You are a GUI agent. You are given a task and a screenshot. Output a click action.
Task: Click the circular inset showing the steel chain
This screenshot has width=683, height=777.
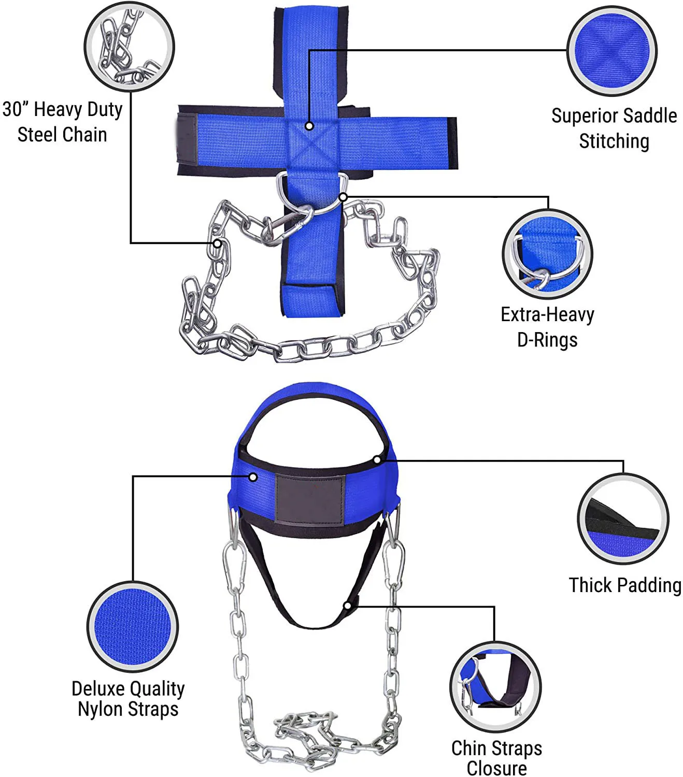[x=129, y=47]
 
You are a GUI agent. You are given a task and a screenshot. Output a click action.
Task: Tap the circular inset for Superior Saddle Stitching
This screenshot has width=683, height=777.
[x=612, y=51]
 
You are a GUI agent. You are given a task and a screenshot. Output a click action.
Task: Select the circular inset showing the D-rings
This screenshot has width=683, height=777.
[x=547, y=254]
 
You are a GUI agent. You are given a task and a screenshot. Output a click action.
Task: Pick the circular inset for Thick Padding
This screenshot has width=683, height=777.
[x=623, y=519]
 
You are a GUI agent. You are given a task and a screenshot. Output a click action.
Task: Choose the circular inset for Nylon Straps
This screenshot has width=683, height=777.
[x=133, y=627]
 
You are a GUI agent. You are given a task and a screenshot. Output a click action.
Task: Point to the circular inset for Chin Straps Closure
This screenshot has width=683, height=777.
[x=495, y=687]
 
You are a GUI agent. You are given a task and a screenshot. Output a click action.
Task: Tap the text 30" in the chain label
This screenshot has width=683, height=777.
[x=16, y=109]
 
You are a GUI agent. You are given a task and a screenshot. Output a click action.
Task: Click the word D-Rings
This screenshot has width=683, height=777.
[x=547, y=340]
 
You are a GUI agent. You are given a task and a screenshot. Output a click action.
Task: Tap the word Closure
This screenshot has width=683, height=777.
[x=496, y=768]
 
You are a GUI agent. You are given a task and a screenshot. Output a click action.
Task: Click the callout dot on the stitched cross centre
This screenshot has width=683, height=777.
[x=309, y=126]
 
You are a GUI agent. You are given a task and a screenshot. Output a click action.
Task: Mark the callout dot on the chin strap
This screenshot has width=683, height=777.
[x=348, y=606]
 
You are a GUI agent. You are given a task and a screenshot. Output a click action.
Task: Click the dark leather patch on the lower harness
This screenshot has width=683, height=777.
[x=310, y=498]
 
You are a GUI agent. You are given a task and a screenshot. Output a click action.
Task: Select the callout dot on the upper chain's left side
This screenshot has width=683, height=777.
[x=218, y=243]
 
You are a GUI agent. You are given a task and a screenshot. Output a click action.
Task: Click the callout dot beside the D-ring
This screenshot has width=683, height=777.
[x=343, y=197]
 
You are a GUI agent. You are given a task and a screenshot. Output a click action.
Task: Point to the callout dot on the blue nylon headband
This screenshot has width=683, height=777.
[x=253, y=477]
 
